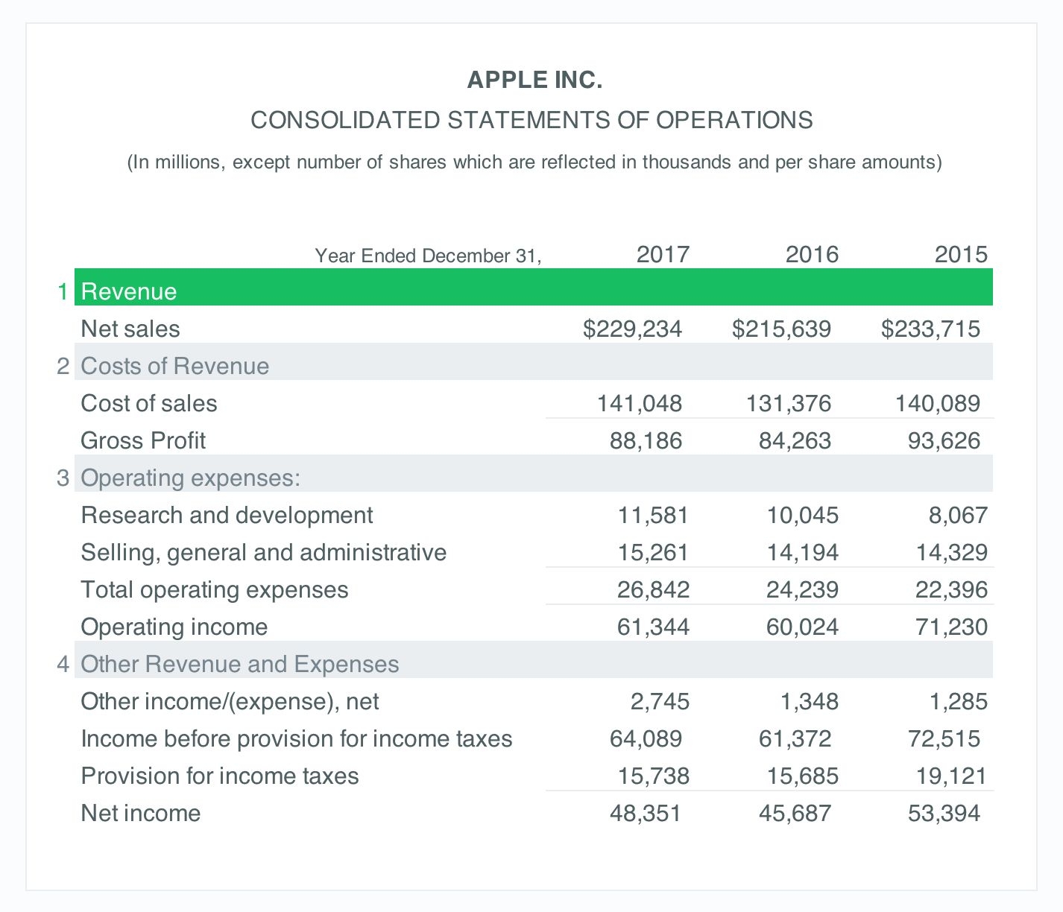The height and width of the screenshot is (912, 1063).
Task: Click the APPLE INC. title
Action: [x=534, y=80]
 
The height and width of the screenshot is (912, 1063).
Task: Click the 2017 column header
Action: [x=663, y=255]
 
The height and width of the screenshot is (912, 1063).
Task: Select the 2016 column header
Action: [x=812, y=255]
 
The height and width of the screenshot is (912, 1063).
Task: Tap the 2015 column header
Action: [x=961, y=255]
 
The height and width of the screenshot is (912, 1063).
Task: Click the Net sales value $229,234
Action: [x=632, y=329]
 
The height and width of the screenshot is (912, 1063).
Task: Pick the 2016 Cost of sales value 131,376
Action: [x=789, y=403]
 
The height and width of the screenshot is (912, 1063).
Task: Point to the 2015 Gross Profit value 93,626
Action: [x=944, y=440]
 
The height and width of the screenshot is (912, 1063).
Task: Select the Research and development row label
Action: [x=227, y=515]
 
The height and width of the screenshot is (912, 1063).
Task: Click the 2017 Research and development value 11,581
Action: [x=653, y=515]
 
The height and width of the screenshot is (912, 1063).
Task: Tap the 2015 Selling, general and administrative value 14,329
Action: [x=951, y=552]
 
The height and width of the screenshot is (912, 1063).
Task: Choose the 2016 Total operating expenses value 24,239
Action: [x=802, y=589]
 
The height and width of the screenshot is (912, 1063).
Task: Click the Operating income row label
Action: [x=174, y=627]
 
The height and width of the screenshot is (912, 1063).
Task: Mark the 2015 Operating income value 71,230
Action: [x=951, y=627]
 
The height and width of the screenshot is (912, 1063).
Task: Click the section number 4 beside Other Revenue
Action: [x=63, y=664]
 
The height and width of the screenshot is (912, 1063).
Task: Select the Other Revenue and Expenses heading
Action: [x=239, y=664]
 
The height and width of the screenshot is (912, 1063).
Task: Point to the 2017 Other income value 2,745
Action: [x=660, y=701]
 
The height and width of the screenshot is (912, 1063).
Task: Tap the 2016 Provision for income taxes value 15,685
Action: [x=802, y=776]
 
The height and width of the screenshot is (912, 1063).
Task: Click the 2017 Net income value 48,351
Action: [x=646, y=813]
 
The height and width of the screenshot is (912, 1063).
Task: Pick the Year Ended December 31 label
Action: [x=428, y=256]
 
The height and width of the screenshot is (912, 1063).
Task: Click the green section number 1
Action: [x=63, y=291]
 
